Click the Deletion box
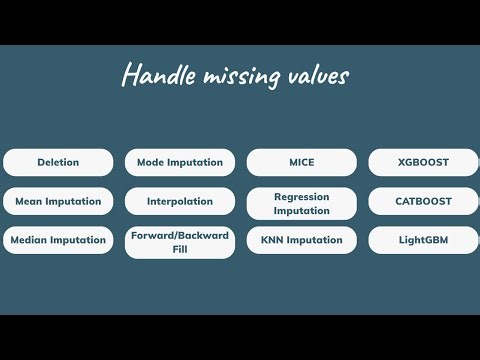click(x=58, y=162)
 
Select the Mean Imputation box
click(x=58, y=201)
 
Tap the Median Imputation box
click(x=58, y=240)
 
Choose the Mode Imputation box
click(x=180, y=162)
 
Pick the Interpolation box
click(x=180, y=201)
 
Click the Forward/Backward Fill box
click(x=180, y=242)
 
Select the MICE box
click(x=302, y=162)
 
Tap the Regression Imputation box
click(x=302, y=204)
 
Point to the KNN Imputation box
click(x=302, y=240)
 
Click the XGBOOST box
click(x=423, y=162)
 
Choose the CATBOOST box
click(x=423, y=201)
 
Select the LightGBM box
click(x=423, y=240)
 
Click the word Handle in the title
click(x=154, y=75)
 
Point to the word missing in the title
click(x=237, y=77)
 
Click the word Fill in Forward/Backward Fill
click(x=180, y=249)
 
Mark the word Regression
click(x=302, y=197)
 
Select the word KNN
click(x=275, y=240)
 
